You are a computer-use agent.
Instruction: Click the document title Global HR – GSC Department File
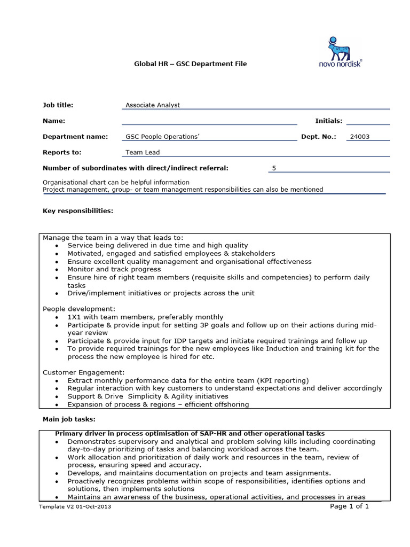pos(190,64)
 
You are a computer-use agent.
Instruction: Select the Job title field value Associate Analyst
pos(153,105)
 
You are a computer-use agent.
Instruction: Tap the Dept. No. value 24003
pos(359,137)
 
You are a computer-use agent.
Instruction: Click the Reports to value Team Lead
pos(143,152)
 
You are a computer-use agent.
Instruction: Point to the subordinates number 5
pos(274,168)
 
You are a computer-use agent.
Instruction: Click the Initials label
pos(329,121)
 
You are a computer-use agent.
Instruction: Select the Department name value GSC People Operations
pos(162,137)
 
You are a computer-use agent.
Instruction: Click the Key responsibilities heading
pos(78,211)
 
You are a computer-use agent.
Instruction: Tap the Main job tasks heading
pos(69,420)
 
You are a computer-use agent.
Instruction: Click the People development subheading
pos(79,309)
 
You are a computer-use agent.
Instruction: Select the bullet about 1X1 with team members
pos(145,317)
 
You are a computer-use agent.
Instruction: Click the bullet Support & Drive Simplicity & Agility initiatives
pos(147,396)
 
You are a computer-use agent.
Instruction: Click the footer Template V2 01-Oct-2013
pos(75,507)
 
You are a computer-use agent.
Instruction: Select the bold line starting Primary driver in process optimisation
pos(190,433)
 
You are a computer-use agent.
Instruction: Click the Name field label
pos(54,121)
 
